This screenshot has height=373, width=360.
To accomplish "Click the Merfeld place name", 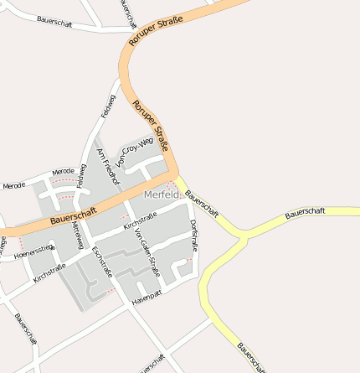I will (162, 195).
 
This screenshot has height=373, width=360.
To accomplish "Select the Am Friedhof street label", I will (109, 167).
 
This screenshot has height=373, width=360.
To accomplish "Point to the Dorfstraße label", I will (194, 235).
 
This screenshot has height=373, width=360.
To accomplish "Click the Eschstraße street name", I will (102, 261).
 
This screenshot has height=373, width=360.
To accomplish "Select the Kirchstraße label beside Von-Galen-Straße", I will (140, 221).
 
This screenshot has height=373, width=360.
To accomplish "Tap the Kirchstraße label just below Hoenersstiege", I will (49, 273).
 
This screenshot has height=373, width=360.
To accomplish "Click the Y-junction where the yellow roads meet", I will (243, 237).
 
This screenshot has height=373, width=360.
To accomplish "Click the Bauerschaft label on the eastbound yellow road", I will (305, 213).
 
